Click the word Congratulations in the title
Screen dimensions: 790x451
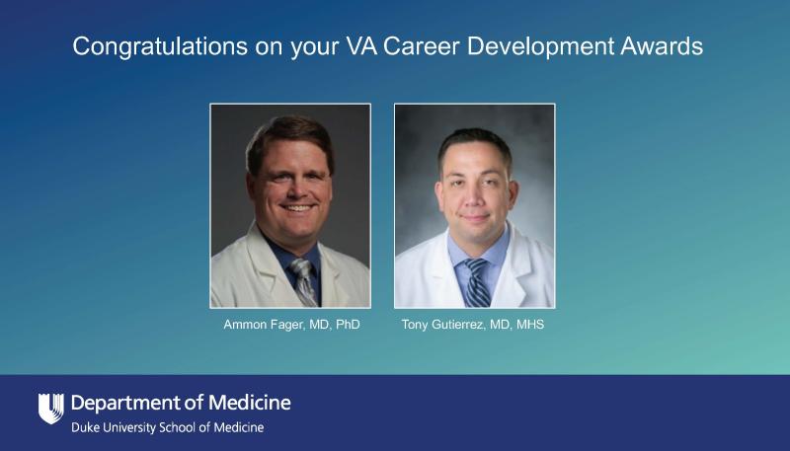pyautogui.click(x=160, y=46)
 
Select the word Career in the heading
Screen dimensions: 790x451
pyautogui.click(x=422, y=45)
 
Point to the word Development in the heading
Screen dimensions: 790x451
pyautogui.click(x=540, y=46)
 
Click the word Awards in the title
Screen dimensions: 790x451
pyautogui.click(x=662, y=45)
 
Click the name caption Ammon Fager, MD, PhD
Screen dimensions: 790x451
pyautogui.click(x=291, y=325)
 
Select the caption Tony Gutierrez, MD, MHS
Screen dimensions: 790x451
pyautogui.click(x=473, y=325)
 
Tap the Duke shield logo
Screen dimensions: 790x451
pyautogui.click(x=51, y=409)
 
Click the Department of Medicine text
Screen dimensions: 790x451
pyautogui.click(x=181, y=403)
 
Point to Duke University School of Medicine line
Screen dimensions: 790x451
pyautogui.click(x=167, y=428)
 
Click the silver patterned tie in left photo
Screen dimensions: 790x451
pyautogui.click(x=304, y=282)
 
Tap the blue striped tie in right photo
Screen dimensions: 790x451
pyautogui.click(x=476, y=283)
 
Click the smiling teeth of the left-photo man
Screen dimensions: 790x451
pyautogui.click(x=297, y=207)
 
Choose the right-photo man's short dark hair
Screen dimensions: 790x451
pyautogui.click(x=475, y=143)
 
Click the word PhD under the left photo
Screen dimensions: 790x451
pyautogui.click(x=348, y=325)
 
